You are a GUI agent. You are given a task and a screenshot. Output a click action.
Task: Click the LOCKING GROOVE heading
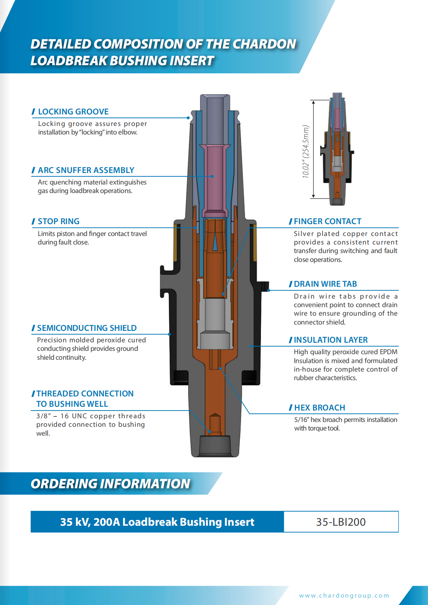tap(73, 112)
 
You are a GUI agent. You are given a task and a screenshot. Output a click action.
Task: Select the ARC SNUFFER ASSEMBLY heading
tap(86, 170)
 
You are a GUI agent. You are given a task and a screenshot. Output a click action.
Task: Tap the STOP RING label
tap(59, 221)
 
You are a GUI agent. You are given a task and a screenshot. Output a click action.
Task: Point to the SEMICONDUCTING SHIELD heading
tap(87, 328)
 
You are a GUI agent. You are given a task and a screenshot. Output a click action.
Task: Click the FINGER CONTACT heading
tap(327, 221)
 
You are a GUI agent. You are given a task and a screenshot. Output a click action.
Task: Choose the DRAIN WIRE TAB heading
tap(325, 284)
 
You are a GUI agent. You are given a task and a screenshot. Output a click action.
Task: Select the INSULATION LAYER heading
tap(331, 340)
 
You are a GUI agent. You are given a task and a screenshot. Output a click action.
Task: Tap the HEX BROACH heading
tap(319, 408)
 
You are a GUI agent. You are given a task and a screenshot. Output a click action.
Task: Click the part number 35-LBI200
tap(341, 522)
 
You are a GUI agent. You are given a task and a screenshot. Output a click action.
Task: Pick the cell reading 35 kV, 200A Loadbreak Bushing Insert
tap(157, 522)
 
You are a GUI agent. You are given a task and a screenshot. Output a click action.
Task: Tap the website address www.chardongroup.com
tap(344, 595)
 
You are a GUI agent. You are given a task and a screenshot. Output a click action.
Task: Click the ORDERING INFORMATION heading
tap(110, 483)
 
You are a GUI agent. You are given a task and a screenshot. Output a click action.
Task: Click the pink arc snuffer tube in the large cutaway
tap(215, 178)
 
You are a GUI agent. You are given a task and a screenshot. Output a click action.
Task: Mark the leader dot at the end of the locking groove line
tap(189, 118)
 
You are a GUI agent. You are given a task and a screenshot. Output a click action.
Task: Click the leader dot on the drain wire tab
tap(269, 290)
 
